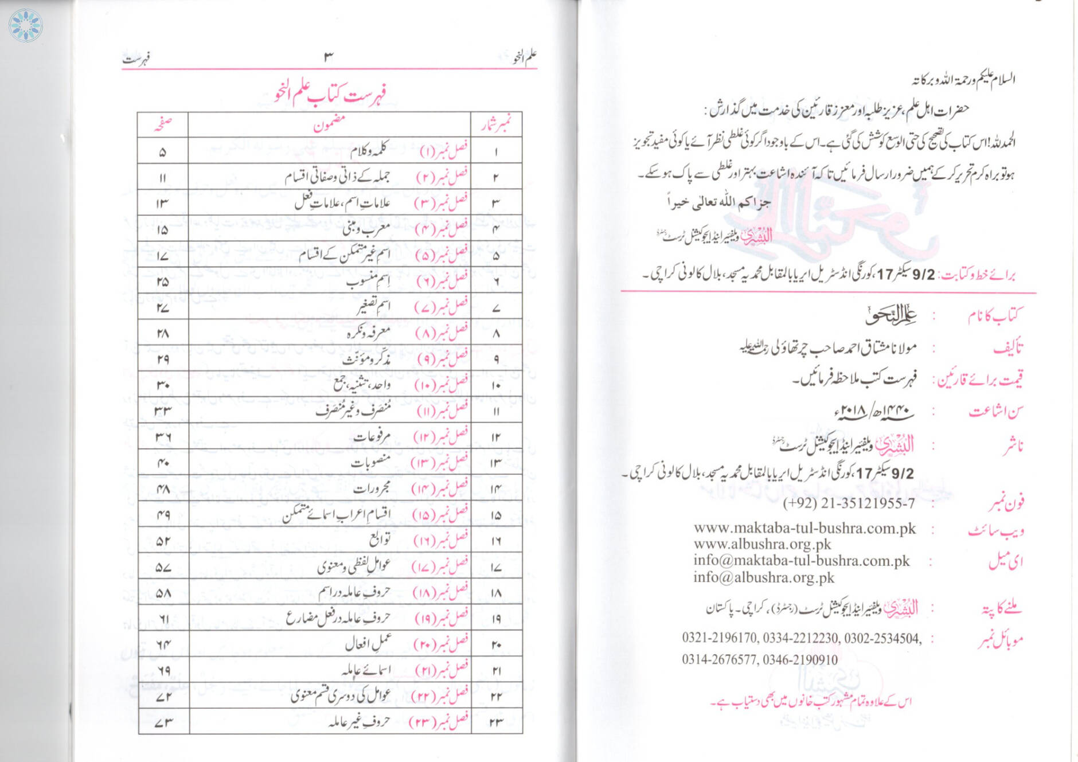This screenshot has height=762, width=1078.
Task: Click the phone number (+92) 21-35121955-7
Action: tap(849, 504)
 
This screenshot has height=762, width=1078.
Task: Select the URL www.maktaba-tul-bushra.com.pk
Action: tap(804, 528)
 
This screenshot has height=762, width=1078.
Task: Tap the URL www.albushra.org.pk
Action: tap(762, 544)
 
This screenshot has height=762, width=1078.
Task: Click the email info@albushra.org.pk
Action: tap(764, 577)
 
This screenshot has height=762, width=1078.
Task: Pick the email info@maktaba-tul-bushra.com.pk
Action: tap(801, 561)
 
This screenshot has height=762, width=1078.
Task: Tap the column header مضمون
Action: tap(329, 124)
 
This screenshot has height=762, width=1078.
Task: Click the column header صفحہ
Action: tap(163, 124)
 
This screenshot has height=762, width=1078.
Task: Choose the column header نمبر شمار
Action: tap(496, 124)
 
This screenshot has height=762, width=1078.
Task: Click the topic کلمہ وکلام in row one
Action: tap(370, 152)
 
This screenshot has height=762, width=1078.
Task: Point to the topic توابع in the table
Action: tap(380, 540)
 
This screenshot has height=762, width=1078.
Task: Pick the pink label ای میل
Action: tap(1006, 562)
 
